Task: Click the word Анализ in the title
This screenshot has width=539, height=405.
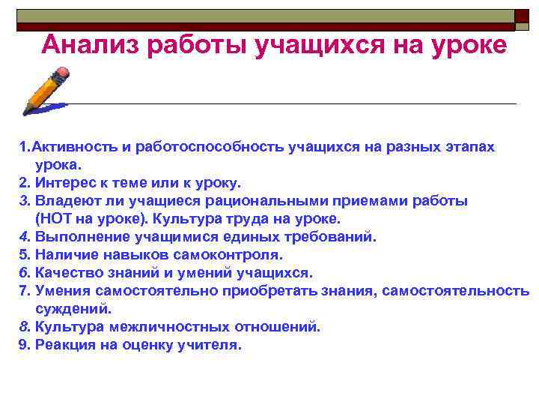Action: pos(89,46)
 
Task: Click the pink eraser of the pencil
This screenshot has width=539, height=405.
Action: pos(62,73)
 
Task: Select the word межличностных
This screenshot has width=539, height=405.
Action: pos(150,326)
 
